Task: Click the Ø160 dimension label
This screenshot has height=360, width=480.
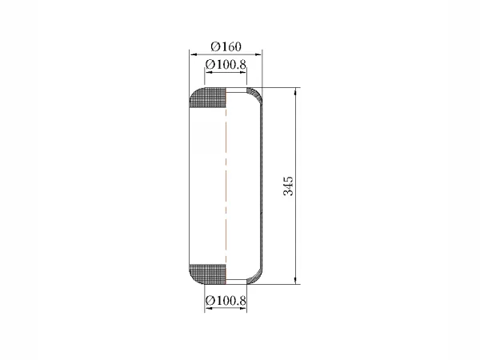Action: point(226,46)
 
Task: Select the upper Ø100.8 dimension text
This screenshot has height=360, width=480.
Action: point(226,65)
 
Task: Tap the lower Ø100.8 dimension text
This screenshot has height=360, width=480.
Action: point(226,301)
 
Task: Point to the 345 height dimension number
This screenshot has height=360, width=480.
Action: point(288,186)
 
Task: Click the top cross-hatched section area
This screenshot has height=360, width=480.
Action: point(208,98)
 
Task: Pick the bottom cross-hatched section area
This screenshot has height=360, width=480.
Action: point(208,274)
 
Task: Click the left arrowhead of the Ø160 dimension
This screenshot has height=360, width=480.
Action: point(194,54)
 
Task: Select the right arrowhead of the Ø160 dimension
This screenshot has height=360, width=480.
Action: point(258,54)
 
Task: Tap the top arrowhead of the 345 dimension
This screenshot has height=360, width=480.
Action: point(295,91)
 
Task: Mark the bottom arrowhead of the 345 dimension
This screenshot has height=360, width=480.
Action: point(295,281)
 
